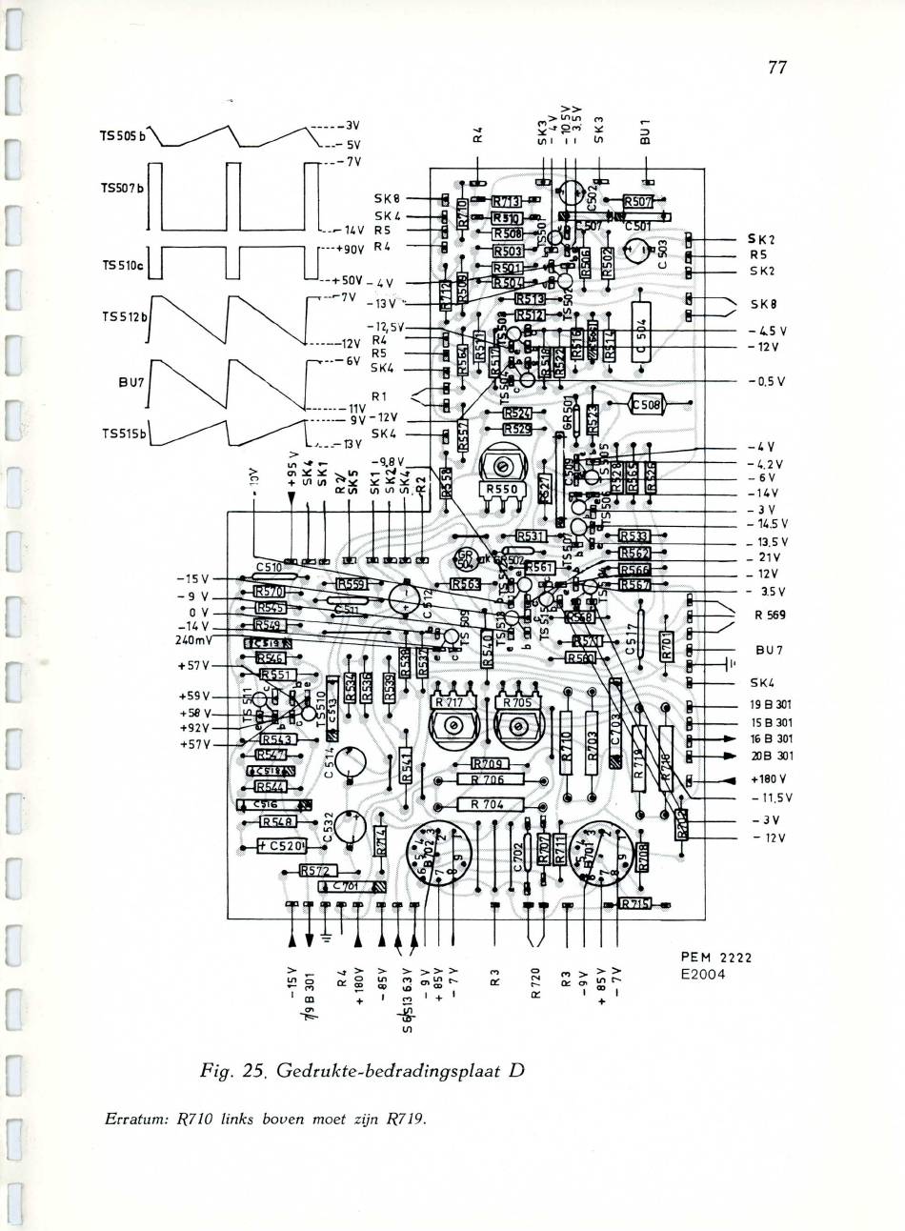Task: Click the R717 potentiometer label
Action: click(448, 702)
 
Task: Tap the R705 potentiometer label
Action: click(515, 702)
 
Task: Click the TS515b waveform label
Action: click(125, 434)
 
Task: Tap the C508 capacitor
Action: click(650, 405)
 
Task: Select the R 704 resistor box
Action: click(490, 803)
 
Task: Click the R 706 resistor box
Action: click(490, 779)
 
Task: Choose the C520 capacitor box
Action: click(283, 844)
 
